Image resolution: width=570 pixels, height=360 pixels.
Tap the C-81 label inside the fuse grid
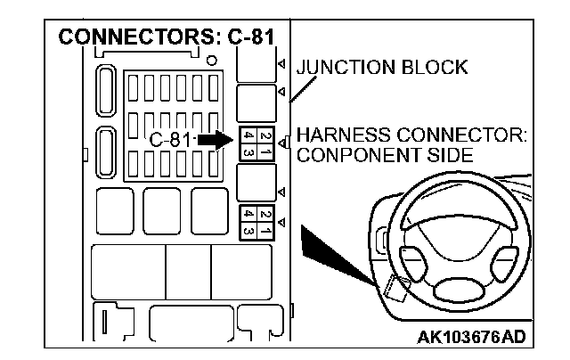tap(169, 140)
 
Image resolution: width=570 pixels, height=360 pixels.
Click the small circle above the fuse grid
tap(210, 61)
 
